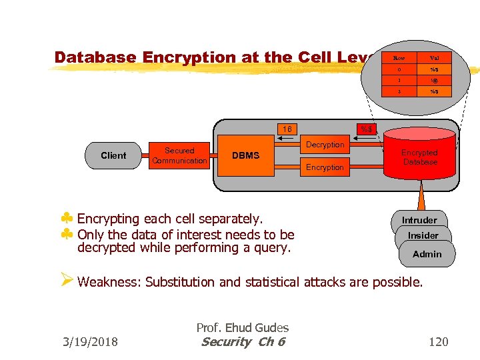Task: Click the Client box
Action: click(x=113, y=155)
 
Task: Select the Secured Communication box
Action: click(x=179, y=156)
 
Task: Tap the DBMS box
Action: click(x=245, y=156)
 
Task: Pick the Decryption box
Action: click(x=325, y=145)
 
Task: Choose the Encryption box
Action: click(x=325, y=167)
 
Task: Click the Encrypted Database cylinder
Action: click(x=419, y=157)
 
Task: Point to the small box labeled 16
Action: click(x=287, y=129)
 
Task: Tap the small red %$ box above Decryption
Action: click(x=367, y=129)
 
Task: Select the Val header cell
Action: click(x=434, y=58)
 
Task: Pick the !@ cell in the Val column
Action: click(x=434, y=80)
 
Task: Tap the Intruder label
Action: click(x=419, y=220)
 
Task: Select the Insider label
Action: click(x=423, y=235)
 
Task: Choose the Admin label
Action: click(x=427, y=254)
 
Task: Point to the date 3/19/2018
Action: click(x=89, y=342)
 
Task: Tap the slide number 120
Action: click(x=438, y=342)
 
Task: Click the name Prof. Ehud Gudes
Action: click(x=242, y=327)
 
